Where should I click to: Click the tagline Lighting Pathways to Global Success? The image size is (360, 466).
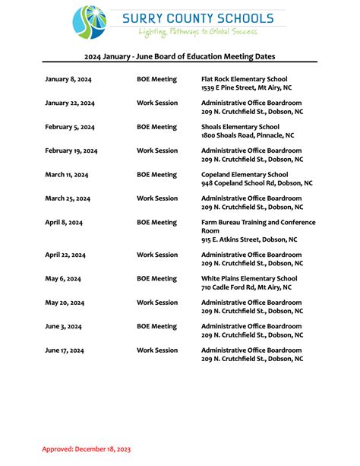pos(197,32)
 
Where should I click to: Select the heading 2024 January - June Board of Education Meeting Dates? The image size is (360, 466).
pos(179,56)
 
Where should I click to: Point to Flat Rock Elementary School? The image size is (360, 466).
pos(244,79)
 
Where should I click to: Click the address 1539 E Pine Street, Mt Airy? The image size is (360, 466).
pos(246,88)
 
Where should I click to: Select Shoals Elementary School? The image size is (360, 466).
pos(240,127)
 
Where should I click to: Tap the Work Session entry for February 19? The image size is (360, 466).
pos(157,151)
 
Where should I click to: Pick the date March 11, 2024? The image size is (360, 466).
pos(67,175)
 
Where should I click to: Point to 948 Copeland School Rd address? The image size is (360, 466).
pos(257,183)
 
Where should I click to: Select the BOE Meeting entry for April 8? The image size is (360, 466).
pos(156,223)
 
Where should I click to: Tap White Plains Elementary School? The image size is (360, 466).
pos(249,279)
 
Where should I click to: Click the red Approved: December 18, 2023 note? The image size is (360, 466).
pos(87,449)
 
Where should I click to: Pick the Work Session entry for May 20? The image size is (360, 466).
pos(157,303)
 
